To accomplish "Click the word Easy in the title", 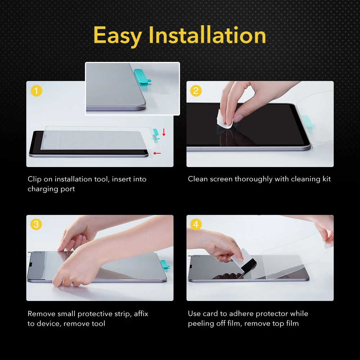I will coord(118,36).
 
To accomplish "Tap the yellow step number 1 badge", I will coord(36,91).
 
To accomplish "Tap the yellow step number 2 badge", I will coord(196,91).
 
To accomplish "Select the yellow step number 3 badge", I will coord(36,225).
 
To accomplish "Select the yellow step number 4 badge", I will coord(196,225).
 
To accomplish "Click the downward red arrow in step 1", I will coord(164,132).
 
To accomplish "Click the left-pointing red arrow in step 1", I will coord(157,153).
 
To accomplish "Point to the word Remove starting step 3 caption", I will coord(41,314).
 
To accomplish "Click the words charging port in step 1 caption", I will coord(51,189).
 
